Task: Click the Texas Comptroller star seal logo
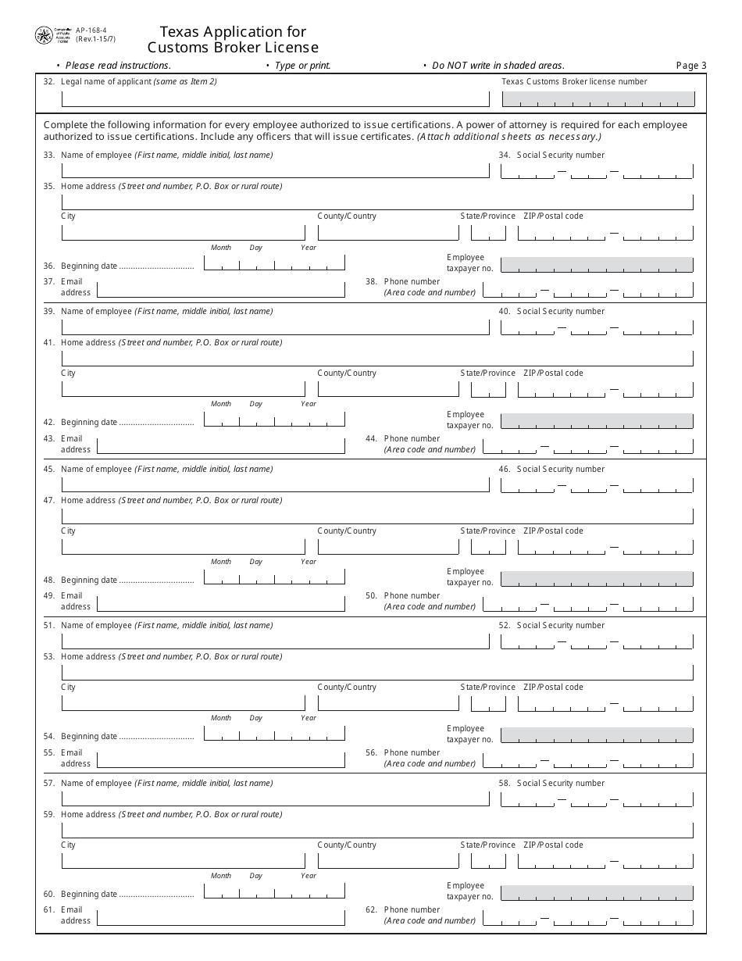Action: point(44,35)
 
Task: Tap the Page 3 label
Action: point(690,66)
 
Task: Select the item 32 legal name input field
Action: point(275,98)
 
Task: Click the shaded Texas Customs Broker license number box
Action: point(598,98)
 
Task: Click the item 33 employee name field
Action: point(275,170)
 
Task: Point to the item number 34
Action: point(504,155)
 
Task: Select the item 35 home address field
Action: point(376,202)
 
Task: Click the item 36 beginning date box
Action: point(274,263)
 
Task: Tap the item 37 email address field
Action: point(220,290)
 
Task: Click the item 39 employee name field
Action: point(275,327)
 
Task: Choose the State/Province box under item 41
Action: point(488,389)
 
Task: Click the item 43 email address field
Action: point(220,445)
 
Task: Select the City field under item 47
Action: point(183,546)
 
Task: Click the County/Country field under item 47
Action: point(388,546)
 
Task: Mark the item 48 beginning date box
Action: point(274,577)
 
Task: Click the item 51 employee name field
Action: point(275,641)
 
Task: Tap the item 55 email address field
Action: point(220,759)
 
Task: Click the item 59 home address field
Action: point(376,829)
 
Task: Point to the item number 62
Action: point(371,909)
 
